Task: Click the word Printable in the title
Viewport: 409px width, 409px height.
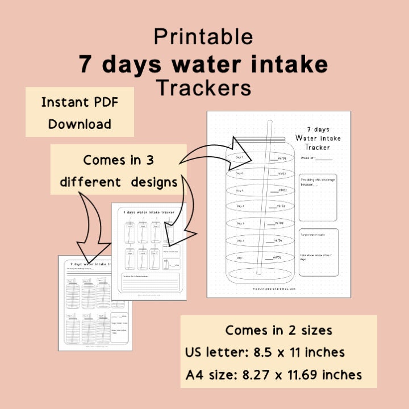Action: [203, 37]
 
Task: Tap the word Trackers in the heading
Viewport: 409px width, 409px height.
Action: [203, 88]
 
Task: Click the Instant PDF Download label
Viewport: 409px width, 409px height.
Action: [80, 112]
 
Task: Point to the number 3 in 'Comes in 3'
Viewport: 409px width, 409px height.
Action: [149, 160]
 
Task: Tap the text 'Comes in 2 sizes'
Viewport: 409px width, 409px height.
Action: [278, 330]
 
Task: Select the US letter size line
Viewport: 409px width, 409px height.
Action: [265, 352]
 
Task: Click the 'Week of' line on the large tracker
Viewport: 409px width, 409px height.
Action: [316, 158]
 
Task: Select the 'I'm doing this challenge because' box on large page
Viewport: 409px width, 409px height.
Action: [318, 197]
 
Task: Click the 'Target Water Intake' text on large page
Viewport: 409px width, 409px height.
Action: [314, 234]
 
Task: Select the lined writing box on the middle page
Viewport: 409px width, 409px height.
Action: [149, 282]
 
